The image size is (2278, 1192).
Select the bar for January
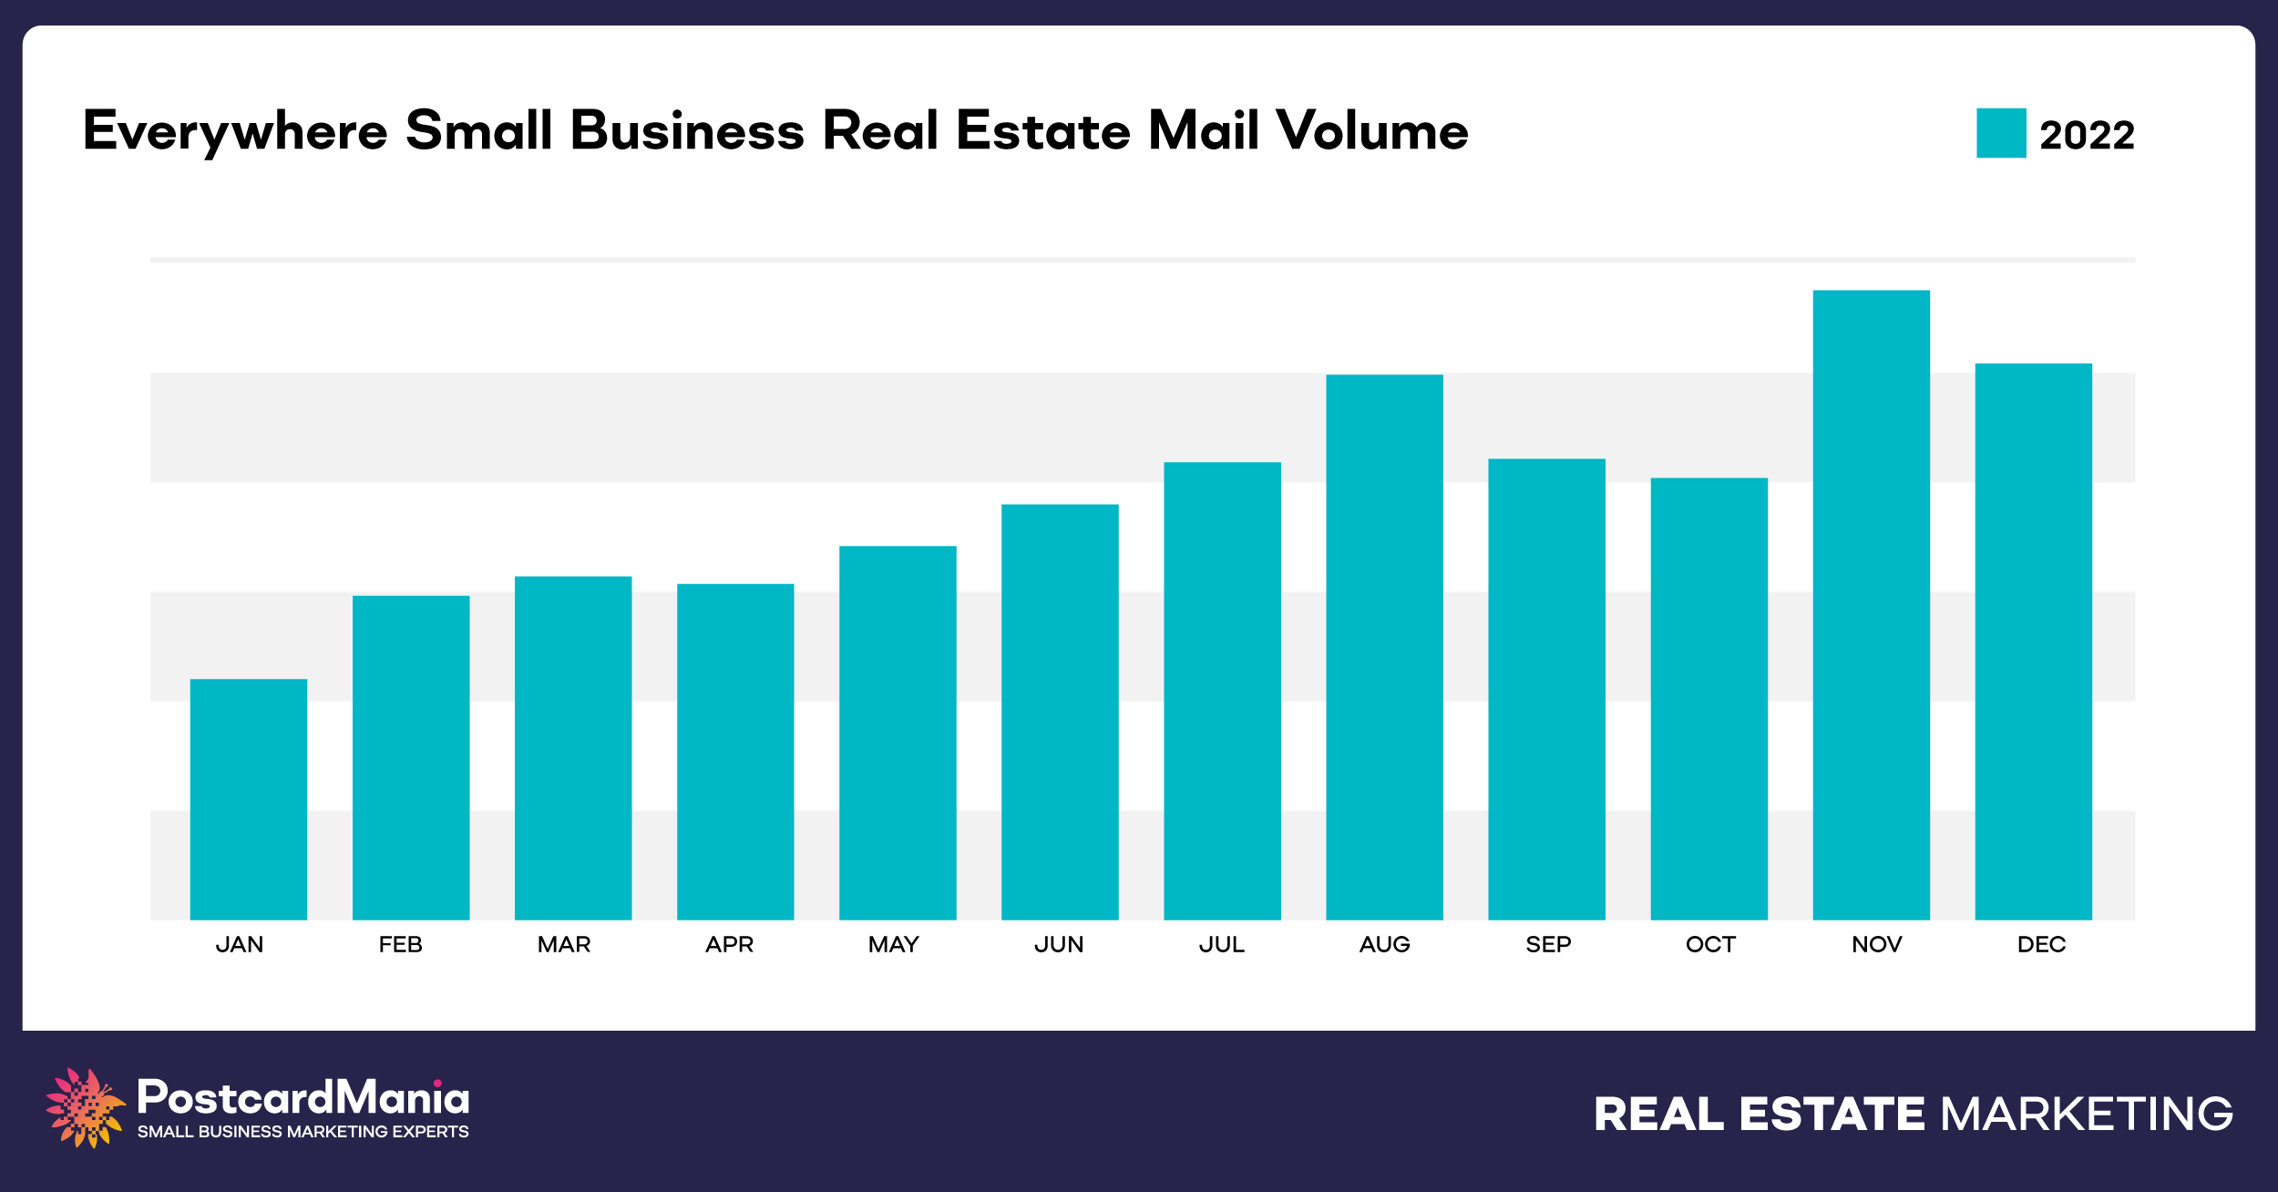248,799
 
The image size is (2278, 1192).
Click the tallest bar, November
1871,605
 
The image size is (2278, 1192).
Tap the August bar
1384,647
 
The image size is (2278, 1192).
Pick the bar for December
2033,642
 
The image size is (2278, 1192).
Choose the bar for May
898,733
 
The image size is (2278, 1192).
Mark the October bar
1708,699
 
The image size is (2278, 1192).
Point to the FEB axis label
401,945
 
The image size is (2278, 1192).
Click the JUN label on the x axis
1059,945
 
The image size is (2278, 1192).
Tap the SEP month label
1548,945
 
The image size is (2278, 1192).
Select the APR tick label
729,945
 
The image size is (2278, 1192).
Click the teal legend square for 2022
2001,133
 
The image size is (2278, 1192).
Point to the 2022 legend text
2087,135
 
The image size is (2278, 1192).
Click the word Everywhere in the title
235,131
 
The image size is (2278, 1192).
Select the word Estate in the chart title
1043,130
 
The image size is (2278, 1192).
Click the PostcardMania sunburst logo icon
85,1106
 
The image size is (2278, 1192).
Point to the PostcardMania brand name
303,1097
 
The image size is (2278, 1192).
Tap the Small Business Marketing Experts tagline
303,1132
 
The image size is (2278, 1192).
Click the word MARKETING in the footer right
2087,1114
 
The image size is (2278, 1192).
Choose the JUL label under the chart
1221,945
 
